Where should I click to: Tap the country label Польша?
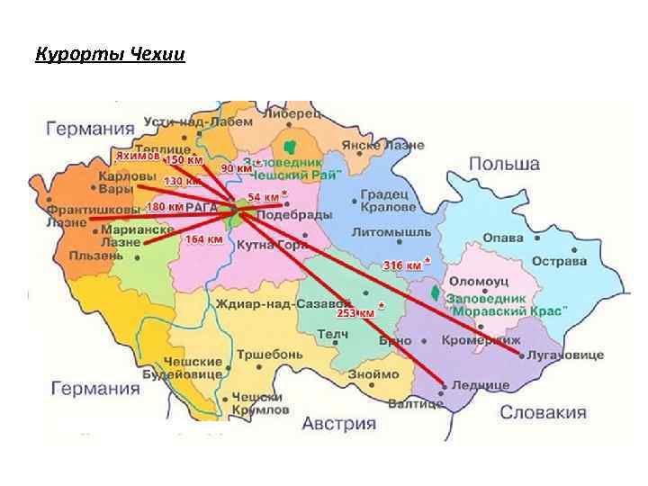tap(504, 165)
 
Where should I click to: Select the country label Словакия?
tap(543, 413)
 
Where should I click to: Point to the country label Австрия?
tap(338, 423)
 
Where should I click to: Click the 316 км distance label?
tap(403, 265)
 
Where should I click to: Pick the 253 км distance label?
tap(355, 313)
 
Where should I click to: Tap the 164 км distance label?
tap(202, 239)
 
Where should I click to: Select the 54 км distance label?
tap(263, 196)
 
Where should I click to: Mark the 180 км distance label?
tap(164, 207)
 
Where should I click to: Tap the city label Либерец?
tap(291, 114)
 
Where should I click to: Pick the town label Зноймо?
tap(373, 373)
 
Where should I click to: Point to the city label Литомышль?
tap(385, 231)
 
